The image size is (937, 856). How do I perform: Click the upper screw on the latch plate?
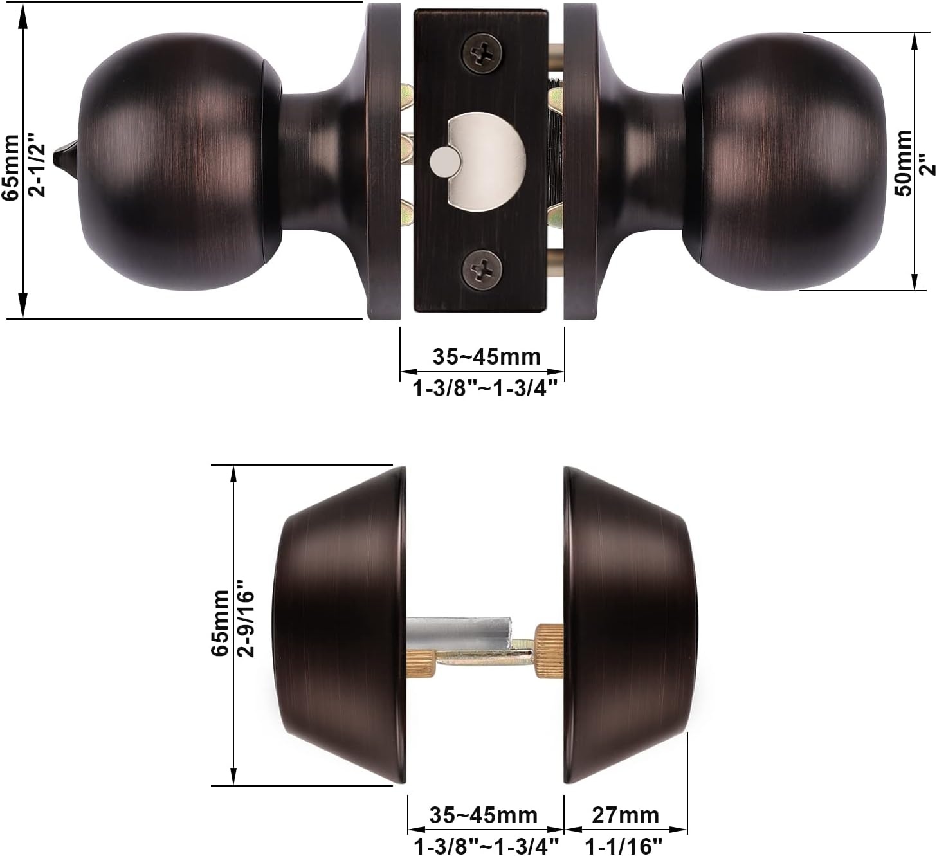point(482,53)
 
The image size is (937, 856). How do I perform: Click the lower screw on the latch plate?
point(482,269)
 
